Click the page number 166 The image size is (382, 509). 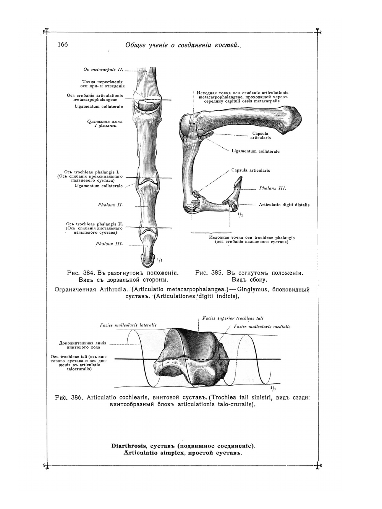point(63,45)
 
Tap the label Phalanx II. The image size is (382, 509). point(110,205)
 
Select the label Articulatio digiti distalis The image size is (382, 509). point(284,205)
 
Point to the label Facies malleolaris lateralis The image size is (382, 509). point(128,325)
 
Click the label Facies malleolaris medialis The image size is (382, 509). point(262,327)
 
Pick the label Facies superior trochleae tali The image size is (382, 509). point(233,318)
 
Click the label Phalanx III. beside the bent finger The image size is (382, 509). point(272,188)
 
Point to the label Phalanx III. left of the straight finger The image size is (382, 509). point(109,244)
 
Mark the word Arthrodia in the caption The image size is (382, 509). point(114,289)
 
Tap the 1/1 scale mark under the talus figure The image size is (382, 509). point(273,389)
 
